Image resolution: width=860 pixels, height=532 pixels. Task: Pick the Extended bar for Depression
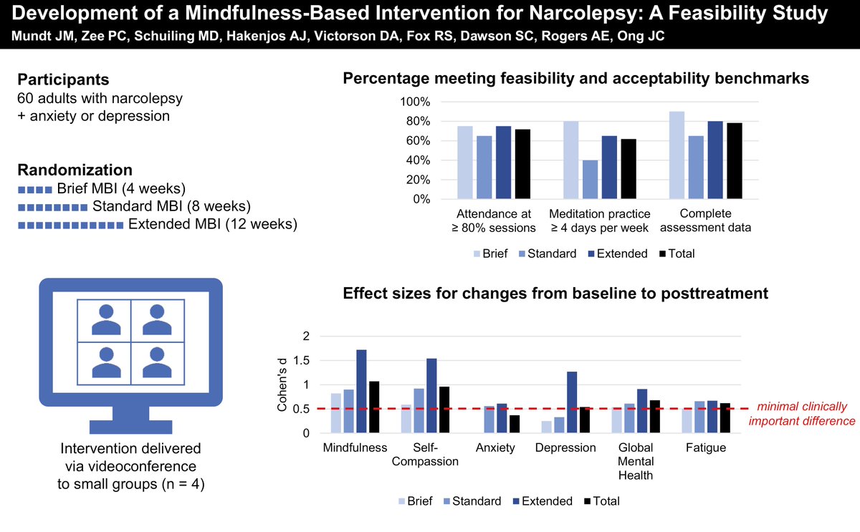[571, 402]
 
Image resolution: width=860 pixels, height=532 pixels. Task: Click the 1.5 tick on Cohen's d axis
[305, 361]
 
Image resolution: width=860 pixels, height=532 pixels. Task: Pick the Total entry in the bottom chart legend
[603, 501]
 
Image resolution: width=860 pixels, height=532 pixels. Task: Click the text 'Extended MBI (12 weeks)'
[211, 224]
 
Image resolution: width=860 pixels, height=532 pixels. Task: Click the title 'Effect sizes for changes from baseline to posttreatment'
[555, 293]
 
